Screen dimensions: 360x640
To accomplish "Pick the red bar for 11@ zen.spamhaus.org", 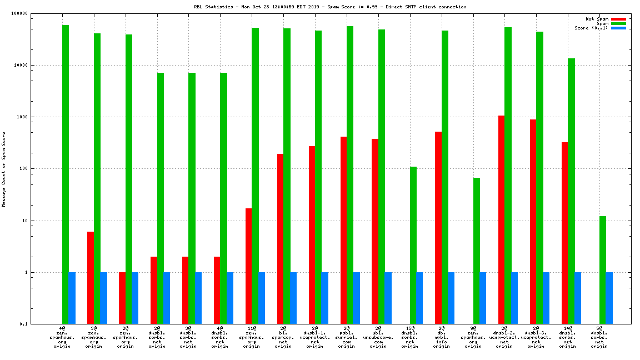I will [248, 266].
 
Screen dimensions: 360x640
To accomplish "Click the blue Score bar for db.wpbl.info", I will [451, 298].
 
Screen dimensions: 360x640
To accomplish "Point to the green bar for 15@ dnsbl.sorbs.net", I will [413, 245].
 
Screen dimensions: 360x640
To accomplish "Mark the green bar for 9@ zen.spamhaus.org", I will [476, 251].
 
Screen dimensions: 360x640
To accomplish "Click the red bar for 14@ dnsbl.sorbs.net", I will [564, 233].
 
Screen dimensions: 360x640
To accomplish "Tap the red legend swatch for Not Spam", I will [618, 19].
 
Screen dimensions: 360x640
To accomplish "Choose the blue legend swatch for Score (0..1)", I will [618, 28].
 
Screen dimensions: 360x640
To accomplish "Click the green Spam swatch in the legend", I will [618, 23].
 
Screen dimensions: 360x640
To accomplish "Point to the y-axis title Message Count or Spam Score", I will [4, 169].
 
